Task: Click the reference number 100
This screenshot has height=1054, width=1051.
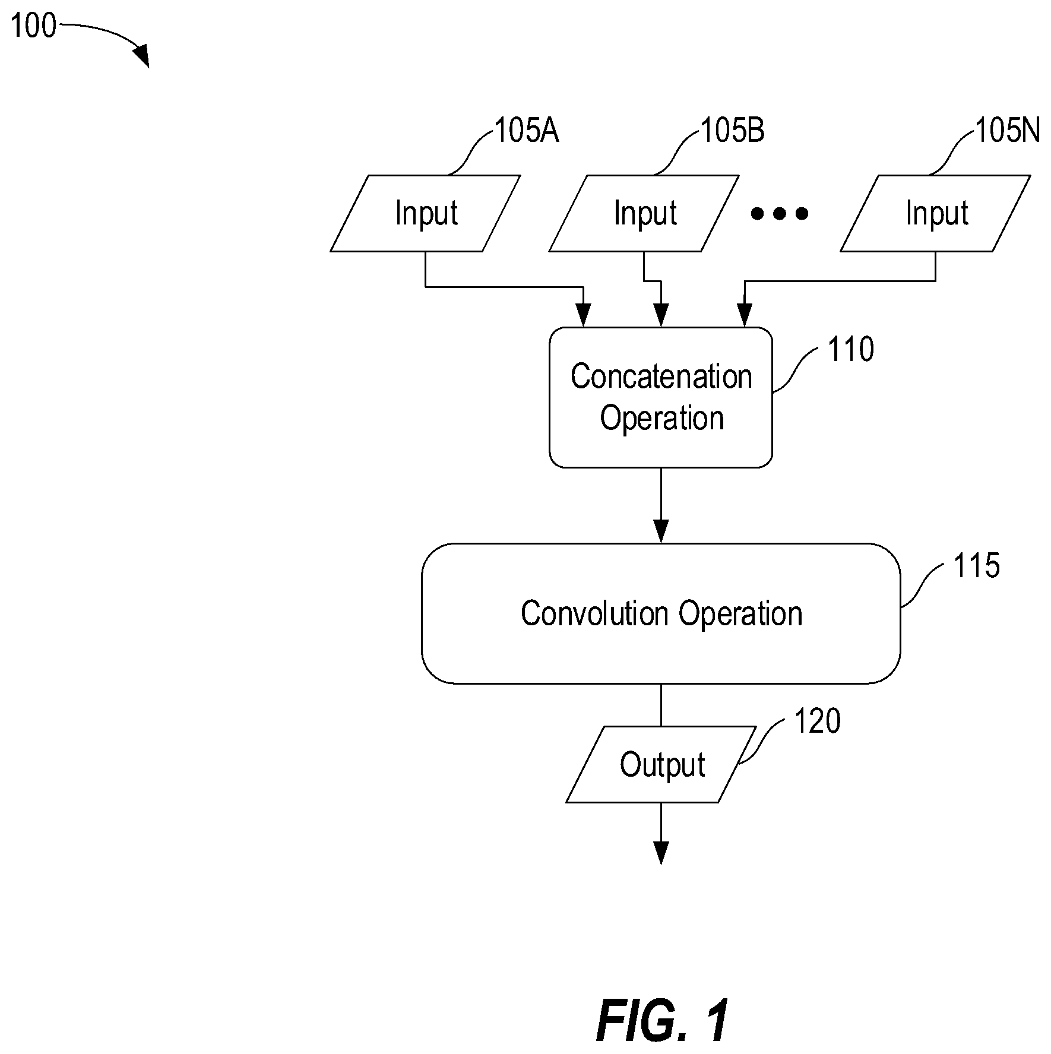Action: (x=33, y=26)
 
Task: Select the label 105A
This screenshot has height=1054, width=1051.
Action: (x=527, y=131)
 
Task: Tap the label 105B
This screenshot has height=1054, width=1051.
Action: (x=733, y=131)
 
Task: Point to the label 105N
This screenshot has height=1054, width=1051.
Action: (x=1008, y=131)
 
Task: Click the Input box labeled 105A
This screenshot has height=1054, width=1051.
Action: (x=425, y=213)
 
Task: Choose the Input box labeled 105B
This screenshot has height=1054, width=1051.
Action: (x=644, y=213)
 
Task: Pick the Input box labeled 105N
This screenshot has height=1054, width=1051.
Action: (x=935, y=213)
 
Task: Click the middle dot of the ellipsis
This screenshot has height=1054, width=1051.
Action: (x=779, y=213)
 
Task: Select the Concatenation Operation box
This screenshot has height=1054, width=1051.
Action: (x=661, y=397)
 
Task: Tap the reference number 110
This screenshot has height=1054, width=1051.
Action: (x=851, y=349)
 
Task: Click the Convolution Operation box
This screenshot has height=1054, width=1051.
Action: (x=661, y=613)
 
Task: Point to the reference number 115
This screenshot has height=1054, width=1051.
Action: (x=977, y=565)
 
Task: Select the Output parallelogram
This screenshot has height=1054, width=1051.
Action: (x=661, y=764)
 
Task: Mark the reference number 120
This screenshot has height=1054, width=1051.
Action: (x=818, y=721)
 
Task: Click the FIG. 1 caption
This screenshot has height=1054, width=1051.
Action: (x=662, y=1020)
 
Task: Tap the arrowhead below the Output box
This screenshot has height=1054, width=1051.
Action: (x=661, y=853)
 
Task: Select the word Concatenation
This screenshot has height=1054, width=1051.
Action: (x=661, y=376)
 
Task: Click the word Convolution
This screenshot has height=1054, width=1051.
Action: (x=594, y=613)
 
